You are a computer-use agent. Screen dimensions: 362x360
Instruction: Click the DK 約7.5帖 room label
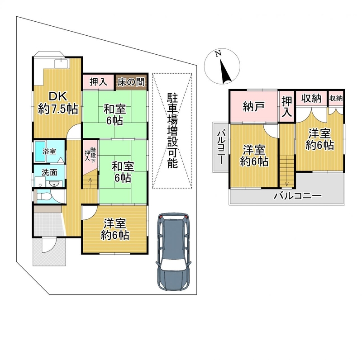pos(58,103)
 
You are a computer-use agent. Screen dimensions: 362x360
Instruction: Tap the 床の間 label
pos(131,82)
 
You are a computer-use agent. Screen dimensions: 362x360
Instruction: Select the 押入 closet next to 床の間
pos(99,82)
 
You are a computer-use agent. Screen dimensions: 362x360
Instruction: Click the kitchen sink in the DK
pos(61,64)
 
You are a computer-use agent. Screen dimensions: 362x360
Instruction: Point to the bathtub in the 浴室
pos(40,152)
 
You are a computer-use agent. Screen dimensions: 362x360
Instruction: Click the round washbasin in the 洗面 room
pos(55,184)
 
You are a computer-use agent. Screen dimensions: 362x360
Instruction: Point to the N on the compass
pos(218,54)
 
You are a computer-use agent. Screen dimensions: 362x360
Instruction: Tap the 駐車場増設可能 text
pos(172,131)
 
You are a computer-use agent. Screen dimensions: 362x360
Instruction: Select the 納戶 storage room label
pos(254,107)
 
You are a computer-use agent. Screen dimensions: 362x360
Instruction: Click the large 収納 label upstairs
pos(311,99)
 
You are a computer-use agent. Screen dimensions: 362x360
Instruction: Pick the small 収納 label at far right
pos(336,98)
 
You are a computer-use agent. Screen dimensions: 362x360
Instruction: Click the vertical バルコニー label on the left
pos(220,147)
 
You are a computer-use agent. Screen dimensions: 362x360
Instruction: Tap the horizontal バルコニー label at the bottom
pos(297,196)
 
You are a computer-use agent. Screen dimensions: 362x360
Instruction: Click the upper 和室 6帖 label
pos(115,115)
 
